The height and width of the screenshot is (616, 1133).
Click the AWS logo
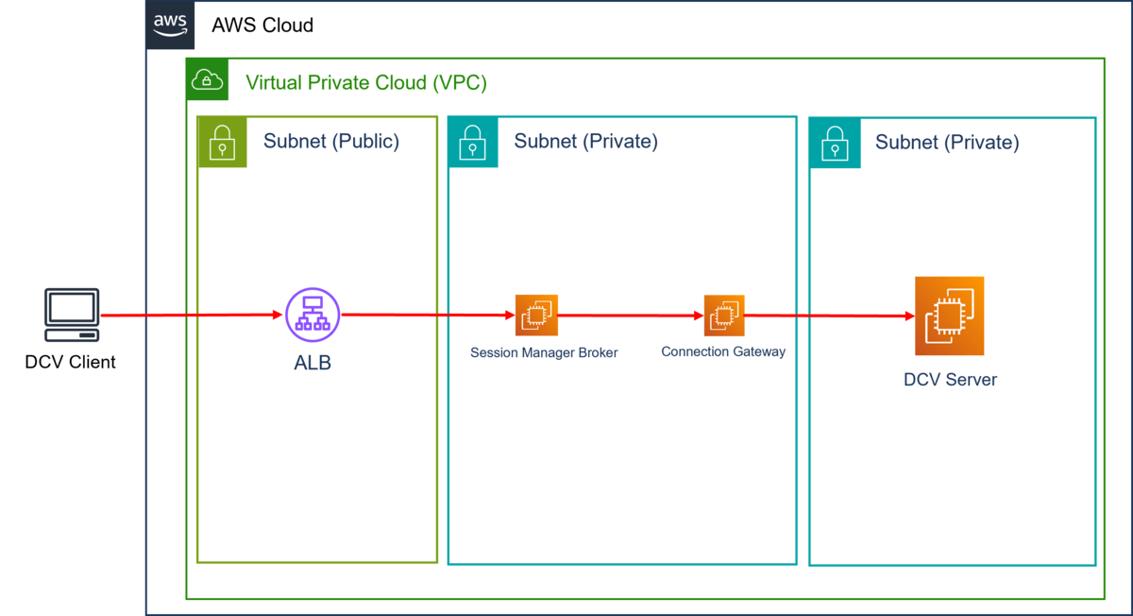171,26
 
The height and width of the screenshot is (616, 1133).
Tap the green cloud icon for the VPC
207,79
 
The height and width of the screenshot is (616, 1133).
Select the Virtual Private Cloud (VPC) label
365,83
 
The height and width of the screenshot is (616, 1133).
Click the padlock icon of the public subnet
222,143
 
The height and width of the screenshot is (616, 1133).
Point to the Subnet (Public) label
330,142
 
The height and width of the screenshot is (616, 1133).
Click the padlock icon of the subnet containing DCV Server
834,143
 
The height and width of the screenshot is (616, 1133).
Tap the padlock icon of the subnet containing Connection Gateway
472,143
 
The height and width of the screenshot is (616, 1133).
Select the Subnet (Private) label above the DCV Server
946,143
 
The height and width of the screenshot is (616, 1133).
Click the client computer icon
72,315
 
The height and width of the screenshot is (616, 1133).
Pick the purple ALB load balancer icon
313,315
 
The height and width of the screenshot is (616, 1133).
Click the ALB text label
313,363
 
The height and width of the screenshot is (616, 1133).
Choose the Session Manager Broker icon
536,315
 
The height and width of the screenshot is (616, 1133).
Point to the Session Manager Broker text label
544,352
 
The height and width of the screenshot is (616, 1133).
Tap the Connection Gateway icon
723,316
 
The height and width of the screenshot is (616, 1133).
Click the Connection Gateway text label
723,351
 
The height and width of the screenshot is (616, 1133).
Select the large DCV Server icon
949,316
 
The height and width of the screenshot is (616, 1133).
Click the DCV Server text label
950,380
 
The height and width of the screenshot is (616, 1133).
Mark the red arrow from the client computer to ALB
189,315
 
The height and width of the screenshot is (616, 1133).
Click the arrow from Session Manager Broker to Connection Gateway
631,316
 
